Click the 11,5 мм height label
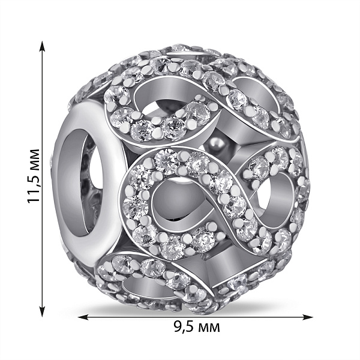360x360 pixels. point(34,176)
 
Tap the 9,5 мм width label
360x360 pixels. point(197,327)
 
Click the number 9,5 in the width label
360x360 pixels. point(184,327)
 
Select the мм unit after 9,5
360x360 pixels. point(209,328)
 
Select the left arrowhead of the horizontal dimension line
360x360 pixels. point(84,317)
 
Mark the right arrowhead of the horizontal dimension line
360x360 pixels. point(307,317)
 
